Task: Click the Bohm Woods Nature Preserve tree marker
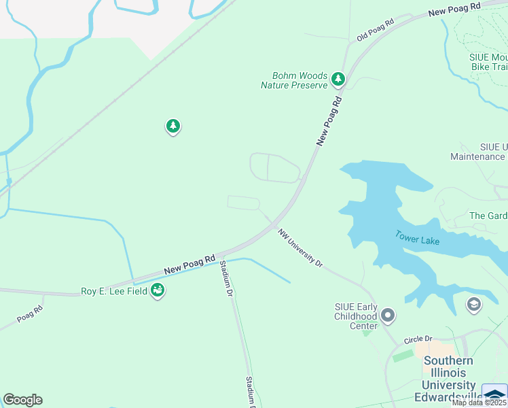pos(338,80)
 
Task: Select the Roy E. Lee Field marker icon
pos(158,290)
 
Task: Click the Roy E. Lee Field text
pos(114,291)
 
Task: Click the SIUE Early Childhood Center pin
pos(388,315)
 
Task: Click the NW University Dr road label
pos(300,248)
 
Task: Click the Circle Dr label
pos(418,339)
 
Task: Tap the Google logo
pos(22,400)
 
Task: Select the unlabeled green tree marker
pos(173,126)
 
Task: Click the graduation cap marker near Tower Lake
pos(473,304)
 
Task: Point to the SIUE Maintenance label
pos(478,152)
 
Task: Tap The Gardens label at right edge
pos(489,216)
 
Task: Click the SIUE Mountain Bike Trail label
pos(489,62)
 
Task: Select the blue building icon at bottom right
pos(494,394)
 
